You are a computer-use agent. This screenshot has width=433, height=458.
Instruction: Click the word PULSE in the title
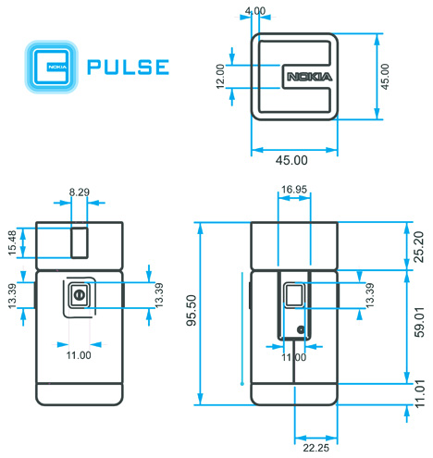[x=127, y=67]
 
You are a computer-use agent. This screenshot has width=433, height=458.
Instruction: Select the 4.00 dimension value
[x=254, y=11]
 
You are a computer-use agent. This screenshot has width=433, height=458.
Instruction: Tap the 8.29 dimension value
[x=80, y=192]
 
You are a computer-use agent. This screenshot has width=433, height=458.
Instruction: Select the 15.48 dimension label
[x=11, y=243]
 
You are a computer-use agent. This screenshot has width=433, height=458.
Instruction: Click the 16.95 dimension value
[x=293, y=191]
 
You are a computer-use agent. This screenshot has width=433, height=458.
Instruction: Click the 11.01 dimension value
[x=418, y=393]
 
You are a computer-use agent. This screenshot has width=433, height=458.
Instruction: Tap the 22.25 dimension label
[x=315, y=448]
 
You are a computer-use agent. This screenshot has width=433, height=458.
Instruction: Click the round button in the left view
[x=79, y=296]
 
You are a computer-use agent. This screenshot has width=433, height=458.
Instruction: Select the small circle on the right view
[x=301, y=329]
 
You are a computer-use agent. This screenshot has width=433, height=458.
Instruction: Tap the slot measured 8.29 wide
[x=80, y=241]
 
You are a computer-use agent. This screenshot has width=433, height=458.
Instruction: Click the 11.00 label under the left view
[x=79, y=354]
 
